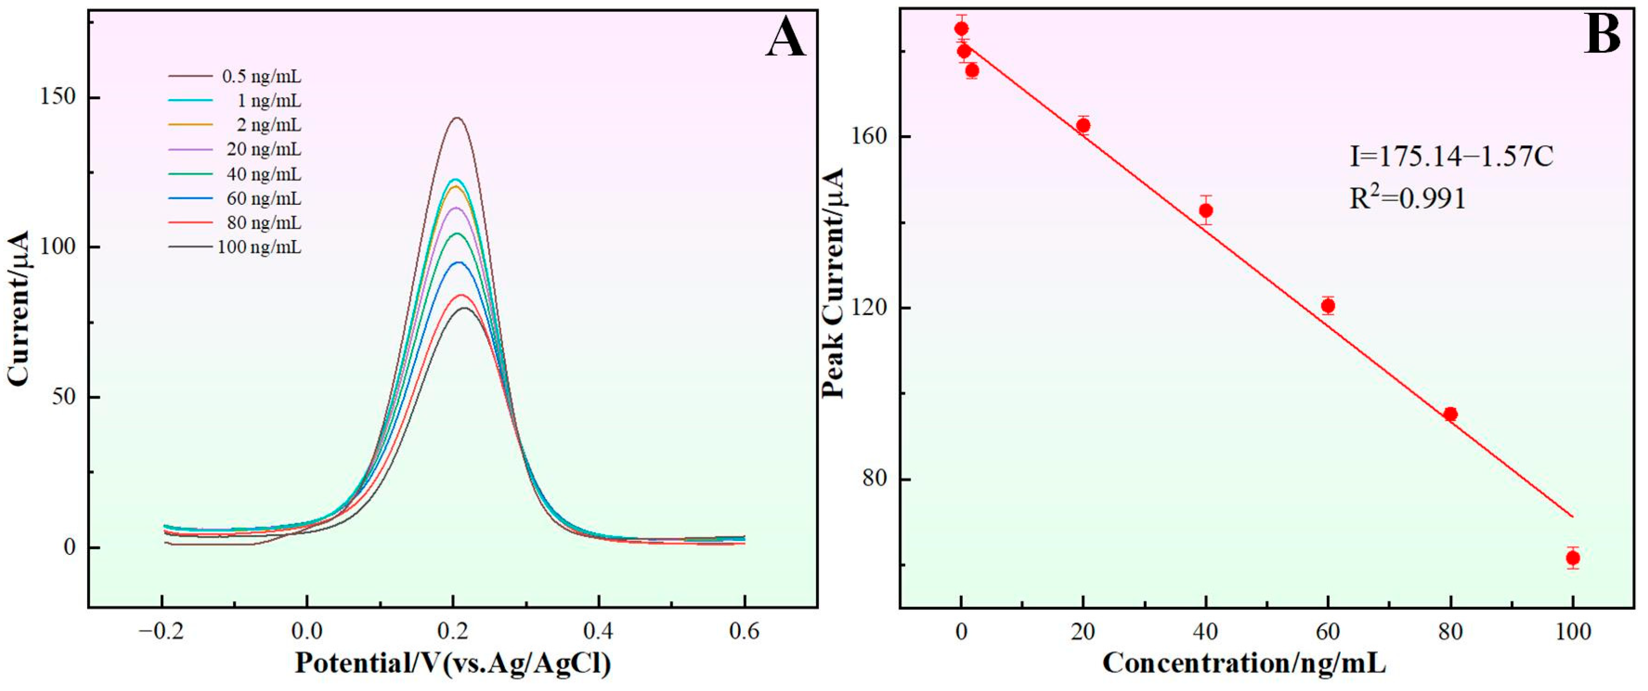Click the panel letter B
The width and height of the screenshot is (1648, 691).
(1602, 35)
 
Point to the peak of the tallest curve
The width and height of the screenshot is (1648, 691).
(457, 118)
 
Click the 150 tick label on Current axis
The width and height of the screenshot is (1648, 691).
(58, 97)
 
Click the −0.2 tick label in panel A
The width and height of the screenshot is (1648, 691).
(161, 631)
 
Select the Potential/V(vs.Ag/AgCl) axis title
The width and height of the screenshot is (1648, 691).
(453, 663)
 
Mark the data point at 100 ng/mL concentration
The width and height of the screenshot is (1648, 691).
(1573, 558)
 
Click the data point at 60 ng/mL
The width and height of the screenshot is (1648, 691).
(1328, 306)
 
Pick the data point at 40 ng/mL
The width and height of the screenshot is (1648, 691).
(1206, 210)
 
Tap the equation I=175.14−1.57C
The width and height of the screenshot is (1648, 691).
(1451, 157)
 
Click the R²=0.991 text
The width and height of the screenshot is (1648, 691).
(1407, 199)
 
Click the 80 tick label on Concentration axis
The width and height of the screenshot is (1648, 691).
(1450, 631)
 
